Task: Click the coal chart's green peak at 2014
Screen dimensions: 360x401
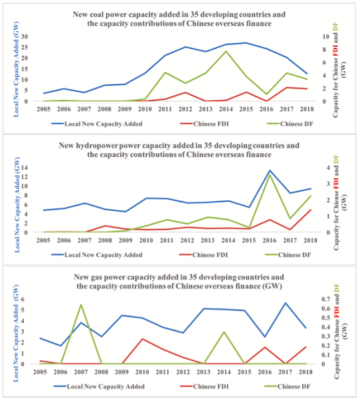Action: (226, 51)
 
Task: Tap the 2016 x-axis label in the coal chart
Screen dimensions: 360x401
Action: (266, 109)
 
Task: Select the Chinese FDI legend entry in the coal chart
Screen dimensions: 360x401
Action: (205, 124)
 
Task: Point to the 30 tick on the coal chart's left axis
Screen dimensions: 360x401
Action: (25, 37)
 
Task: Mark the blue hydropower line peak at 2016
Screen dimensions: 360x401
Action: (270, 170)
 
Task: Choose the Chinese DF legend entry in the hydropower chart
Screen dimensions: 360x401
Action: (288, 255)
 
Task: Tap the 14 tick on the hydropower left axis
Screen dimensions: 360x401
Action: (25, 168)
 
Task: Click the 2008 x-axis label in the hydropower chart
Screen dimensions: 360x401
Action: (105, 240)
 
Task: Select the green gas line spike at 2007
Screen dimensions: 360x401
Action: (81, 305)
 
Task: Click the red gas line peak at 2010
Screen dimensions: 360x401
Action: (142, 339)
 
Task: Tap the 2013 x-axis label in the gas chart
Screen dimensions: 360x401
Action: (203, 372)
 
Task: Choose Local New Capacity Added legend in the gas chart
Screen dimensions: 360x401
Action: (99, 386)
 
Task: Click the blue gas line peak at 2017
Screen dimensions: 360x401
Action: (286, 303)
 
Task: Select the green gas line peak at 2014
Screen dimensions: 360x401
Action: (224, 332)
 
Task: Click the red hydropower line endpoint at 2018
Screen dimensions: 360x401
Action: (311, 210)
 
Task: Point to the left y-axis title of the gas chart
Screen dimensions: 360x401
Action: (16, 333)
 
